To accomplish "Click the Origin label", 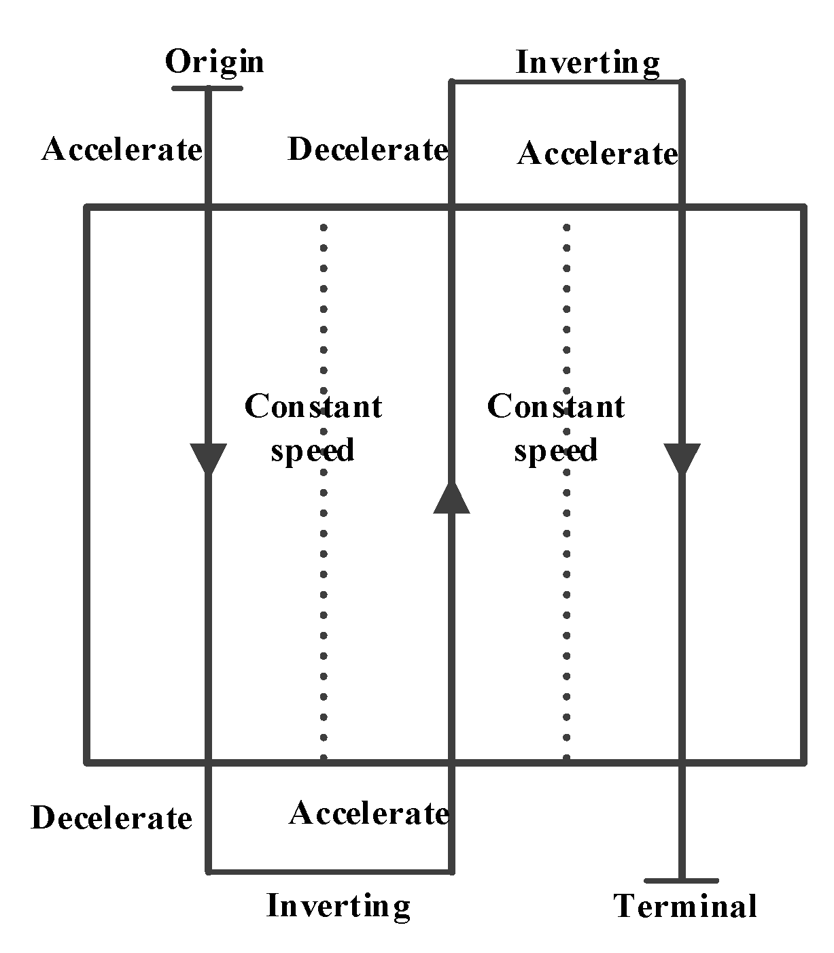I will coord(214,62).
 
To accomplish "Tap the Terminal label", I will coord(685,906).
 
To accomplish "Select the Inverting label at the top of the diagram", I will coord(588,63).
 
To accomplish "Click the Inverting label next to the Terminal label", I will coord(338,906).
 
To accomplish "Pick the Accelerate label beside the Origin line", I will coord(122,149).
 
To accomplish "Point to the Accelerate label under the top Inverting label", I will coord(597,154).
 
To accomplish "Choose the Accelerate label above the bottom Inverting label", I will coord(369,813).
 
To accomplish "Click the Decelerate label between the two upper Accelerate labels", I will coord(368,149).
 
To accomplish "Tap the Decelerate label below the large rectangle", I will coord(111,818).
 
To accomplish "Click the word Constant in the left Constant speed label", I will coord(313,407).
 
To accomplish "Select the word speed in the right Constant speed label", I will coord(555,450).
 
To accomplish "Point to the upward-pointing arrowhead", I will coord(451,497).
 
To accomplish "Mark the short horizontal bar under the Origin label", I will coord(207,88).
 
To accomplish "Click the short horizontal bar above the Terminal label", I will coord(682,881).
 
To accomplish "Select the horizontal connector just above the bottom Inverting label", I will coord(330,871).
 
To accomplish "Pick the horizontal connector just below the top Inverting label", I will coord(568,82).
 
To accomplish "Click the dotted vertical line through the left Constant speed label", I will coord(324,578).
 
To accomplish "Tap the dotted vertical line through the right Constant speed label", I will coord(567,578).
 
